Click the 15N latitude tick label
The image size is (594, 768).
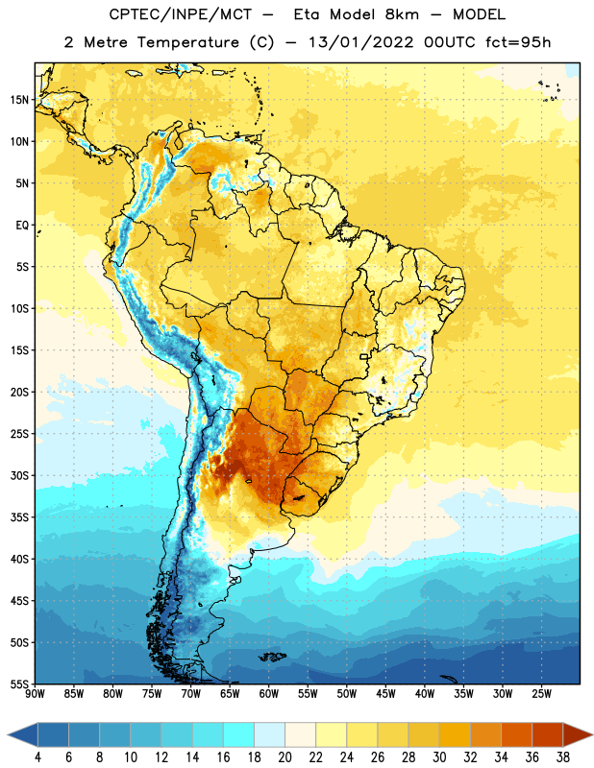(19, 100)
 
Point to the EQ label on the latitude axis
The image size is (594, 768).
(22, 226)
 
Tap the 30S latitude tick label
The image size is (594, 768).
(19, 475)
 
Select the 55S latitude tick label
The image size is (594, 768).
(19, 684)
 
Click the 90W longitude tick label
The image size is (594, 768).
(35, 694)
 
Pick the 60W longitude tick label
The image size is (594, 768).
(269, 694)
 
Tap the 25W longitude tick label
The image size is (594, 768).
(541, 694)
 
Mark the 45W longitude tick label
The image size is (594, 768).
(385, 694)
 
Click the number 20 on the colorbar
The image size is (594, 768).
(285, 757)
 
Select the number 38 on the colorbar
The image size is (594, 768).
(563, 757)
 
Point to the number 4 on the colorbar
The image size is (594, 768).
(37, 757)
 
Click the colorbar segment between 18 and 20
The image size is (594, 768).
(269, 734)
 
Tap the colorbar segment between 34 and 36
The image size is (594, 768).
(516, 734)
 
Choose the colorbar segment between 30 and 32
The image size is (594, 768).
(455, 734)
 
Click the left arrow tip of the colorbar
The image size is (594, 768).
(8, 734)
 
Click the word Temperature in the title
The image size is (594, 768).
(187, 42)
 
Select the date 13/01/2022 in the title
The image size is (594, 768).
(361, 42)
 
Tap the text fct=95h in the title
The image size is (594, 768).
(518, 42)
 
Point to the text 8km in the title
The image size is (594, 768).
(402, 14)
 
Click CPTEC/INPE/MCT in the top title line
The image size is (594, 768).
(181, 14)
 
